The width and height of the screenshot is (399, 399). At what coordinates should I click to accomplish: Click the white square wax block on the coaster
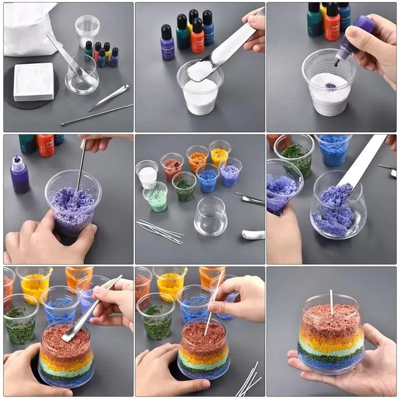click(33, 81)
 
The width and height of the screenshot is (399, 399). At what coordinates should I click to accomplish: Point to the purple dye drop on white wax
click(330, 85)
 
